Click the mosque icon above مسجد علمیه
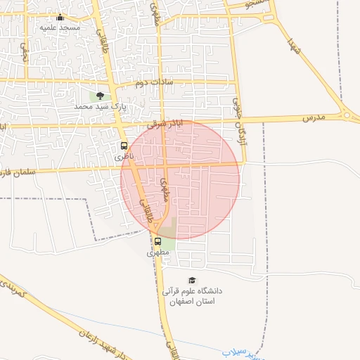pos(60,18)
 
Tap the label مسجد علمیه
pos(60,27)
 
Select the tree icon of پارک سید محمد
pos(99,96)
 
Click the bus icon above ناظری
pos(124,146)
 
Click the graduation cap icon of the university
pos(192,281)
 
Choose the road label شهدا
pos(295,46)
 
